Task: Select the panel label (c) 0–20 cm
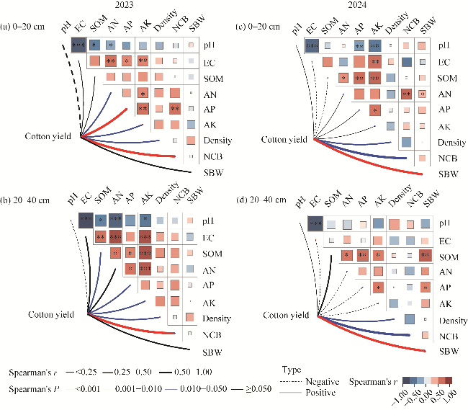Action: pyautogui.click(x=259, y=28)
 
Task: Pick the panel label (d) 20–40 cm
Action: pyautogui.click(x=260, y=200)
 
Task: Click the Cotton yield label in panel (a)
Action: pyautogui.click(x=48, y=136)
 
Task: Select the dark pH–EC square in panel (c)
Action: pyautogui.click(x=312, y=45)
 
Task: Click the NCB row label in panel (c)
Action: pyautogui.click(x=447, y=158)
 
